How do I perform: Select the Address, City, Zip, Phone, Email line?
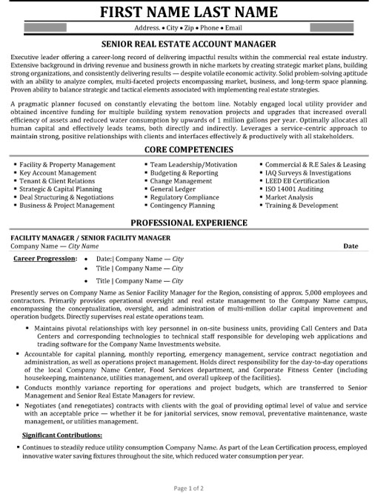coord(194,28)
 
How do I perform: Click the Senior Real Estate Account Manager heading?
coord(194,45)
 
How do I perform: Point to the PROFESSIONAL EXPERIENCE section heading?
coord(194,223)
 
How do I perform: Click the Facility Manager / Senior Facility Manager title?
coord(90,237)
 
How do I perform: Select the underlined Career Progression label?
coord(42,260)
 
